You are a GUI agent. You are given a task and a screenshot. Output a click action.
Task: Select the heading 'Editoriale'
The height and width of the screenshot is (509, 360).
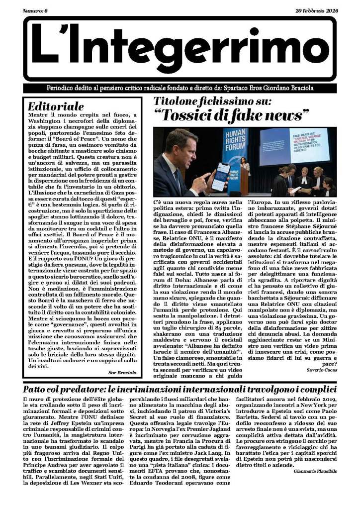(x=56, y=106)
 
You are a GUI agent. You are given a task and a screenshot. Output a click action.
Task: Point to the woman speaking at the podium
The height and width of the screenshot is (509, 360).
(x=245, y=165)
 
